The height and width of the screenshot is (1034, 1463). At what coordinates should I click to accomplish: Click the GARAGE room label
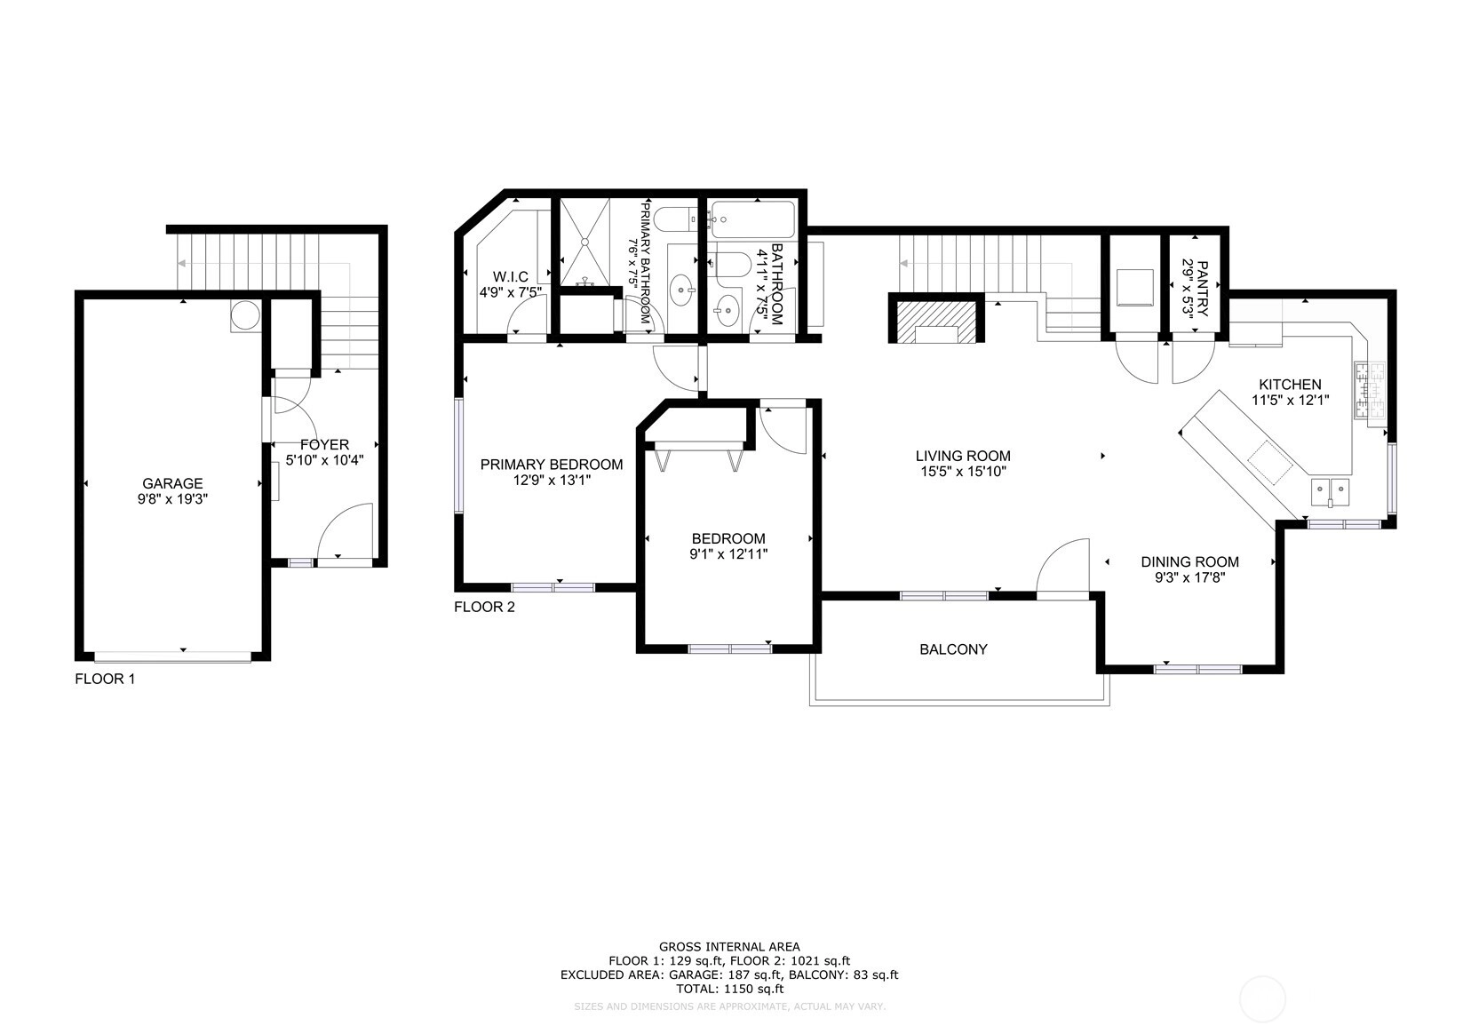(172, 483)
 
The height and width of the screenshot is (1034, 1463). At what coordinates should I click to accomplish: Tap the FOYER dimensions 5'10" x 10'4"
(324, 460)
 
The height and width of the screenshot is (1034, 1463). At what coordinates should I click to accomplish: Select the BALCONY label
(953, 649)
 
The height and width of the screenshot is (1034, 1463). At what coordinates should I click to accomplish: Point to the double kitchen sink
(1331, 491)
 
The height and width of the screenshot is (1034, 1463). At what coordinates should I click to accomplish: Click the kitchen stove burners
(1371, 391)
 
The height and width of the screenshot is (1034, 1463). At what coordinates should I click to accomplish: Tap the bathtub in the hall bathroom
(752, 219)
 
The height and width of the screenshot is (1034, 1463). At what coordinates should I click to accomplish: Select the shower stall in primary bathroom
(584, 242)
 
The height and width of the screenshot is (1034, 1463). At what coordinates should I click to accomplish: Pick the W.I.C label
(510, 277)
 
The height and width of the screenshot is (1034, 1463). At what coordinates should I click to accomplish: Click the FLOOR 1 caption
(105, 679)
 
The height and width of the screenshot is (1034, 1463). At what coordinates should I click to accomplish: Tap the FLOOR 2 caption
(484, 607)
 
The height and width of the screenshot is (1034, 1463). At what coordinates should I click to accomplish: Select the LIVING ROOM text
(963, 456)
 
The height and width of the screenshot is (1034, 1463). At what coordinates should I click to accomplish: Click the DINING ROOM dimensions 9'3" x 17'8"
(1189, 577)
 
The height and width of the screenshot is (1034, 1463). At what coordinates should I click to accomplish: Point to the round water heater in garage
(245, 316)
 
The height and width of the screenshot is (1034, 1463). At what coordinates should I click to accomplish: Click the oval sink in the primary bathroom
(683, 290)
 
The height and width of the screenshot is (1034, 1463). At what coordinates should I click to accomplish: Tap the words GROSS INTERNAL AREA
(729, 946)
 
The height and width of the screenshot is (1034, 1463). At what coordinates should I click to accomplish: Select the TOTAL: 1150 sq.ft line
(729, 989)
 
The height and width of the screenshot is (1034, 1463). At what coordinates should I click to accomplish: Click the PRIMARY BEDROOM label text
(552, 465)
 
